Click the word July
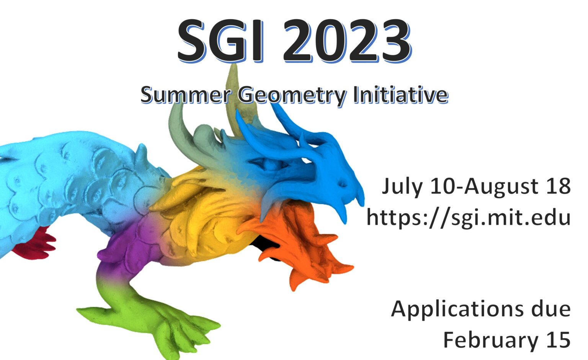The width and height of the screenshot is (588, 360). pos(402,187)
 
